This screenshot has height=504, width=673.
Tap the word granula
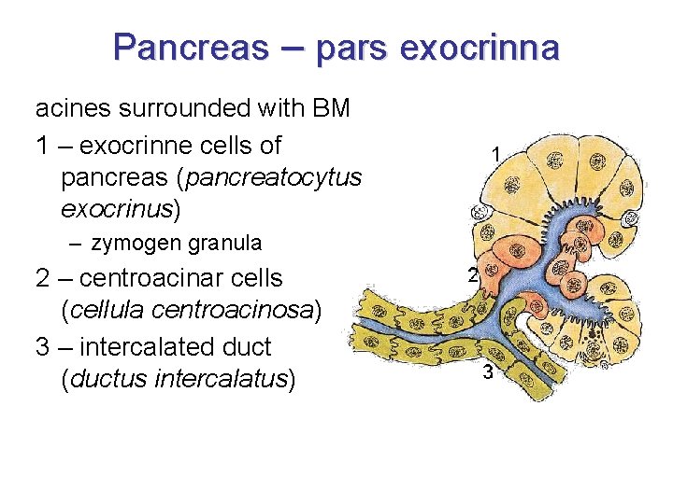225,244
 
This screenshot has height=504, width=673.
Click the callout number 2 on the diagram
472,274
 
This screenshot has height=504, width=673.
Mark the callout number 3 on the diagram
488,373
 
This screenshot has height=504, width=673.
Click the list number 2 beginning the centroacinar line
43,278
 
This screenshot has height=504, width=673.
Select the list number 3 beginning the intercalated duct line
43,346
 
